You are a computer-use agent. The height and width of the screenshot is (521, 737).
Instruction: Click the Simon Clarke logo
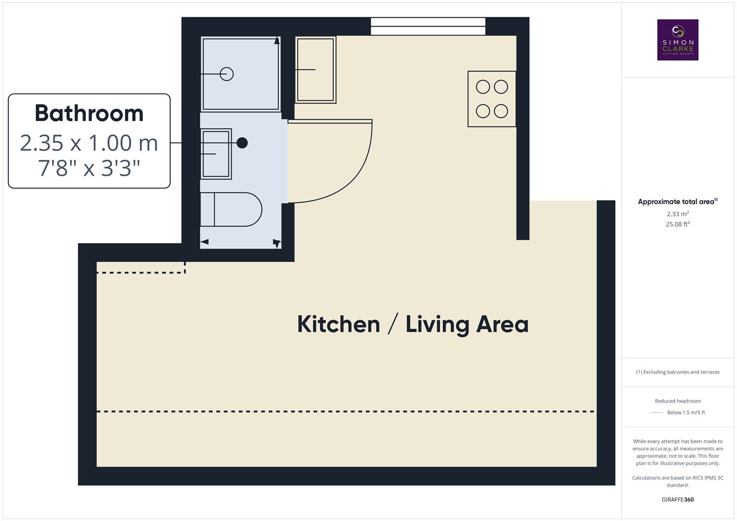tap(678, 40)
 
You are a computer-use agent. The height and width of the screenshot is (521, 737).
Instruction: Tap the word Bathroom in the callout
tap(89, 113)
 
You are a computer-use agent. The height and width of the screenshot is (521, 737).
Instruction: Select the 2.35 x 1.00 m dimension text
tap(89, 143)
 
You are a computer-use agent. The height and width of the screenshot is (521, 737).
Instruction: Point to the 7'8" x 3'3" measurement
tap(89, 168)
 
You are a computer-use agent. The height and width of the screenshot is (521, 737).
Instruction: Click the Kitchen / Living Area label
tap(413, 324)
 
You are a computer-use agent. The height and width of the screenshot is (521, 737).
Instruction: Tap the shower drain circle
tap(227, 74)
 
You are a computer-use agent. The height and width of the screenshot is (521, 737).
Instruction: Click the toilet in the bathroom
tap(231, 209)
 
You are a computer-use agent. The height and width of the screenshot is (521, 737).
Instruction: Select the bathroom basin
tap(216, 154)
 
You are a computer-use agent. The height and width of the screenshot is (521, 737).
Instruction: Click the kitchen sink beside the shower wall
tap(315, 69)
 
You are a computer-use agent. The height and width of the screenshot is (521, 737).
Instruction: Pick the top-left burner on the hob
tap(483, 87)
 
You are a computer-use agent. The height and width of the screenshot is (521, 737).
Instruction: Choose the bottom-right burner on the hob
tap(501, 111)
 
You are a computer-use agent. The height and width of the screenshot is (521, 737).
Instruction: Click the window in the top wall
tap(428, 26)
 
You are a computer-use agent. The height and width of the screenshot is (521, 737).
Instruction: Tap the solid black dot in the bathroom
tap(242, 143)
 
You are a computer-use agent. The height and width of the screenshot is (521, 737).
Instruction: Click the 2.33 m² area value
tap(678, 214)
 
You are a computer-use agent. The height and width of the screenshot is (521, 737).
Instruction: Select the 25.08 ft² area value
tap(678, 224)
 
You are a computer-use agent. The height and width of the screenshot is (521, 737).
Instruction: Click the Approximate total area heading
tap(677, 202)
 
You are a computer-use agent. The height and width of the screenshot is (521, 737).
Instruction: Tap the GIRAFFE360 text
tap(678, 499)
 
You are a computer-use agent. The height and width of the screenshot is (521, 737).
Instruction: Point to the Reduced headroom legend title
tap(678, 401)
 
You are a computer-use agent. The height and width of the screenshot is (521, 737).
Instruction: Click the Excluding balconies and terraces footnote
tap(678, 372)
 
